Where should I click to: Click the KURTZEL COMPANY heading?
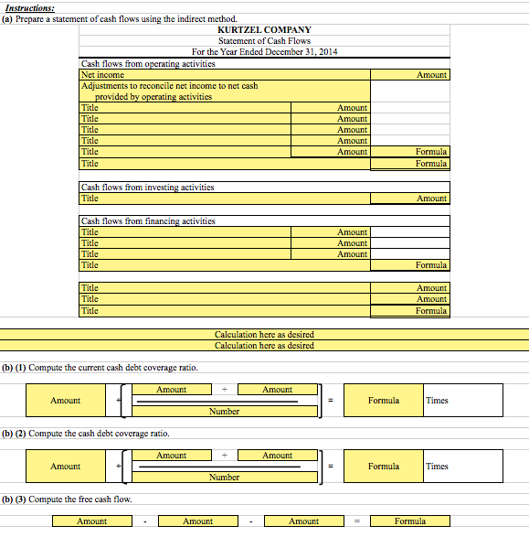click(264, 30)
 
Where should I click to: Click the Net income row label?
click(102, 75)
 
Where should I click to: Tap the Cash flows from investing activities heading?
click(148, 188)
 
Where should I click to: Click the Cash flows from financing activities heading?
click(148, 221)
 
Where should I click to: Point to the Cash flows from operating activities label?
click(148, 64)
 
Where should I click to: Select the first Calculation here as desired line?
click(264, 335)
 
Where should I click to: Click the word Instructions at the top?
click(28, 8)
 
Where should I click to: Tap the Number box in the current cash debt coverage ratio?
click(224, 412)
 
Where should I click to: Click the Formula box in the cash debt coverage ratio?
click(383, 467)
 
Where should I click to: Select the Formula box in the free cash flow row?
click(409, 521)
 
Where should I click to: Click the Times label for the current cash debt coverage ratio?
click(438, 401)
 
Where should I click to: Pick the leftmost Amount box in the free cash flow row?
click(91, 521)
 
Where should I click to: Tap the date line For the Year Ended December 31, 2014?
click(264, 52)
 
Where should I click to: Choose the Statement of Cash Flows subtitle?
click(264, 41)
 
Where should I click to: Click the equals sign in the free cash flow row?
click(357, 521)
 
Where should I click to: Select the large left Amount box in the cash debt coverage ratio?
click(65, 467)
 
